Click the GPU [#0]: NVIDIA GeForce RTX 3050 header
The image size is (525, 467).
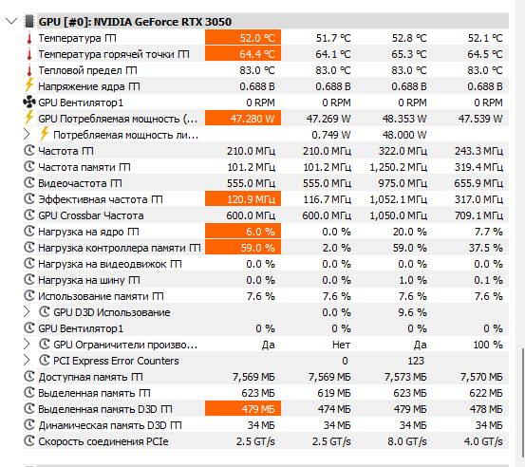pos(135,22)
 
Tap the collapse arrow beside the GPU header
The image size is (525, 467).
pos(11,22)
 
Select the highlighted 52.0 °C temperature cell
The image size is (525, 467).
pos(243,38)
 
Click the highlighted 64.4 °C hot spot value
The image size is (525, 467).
pos(243,54)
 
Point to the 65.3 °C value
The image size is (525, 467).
pos(409,54)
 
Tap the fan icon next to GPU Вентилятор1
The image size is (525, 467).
pos(29,103)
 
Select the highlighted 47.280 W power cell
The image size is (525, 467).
pos(243,119)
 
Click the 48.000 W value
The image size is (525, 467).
pos(404,135)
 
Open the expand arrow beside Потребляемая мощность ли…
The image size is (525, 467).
pos(27,134)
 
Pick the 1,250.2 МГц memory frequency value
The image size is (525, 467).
pos(398,167)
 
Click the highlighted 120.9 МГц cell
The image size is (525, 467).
pos(243,199)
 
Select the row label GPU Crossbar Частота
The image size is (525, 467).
pos(91,215)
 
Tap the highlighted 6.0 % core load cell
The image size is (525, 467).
pos(243,232)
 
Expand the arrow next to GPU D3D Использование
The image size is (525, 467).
pos(27,312)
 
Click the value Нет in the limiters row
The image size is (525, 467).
pos(341,345)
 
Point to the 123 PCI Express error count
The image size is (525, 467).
pos(416,361)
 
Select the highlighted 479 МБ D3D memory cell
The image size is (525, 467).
pos(243,409)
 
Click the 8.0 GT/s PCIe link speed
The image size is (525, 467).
pos(407,441)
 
